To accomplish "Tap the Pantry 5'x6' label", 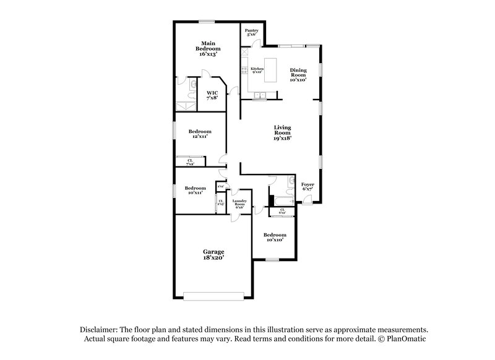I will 251,33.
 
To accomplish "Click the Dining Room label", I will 298,74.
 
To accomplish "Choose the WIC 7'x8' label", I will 212,95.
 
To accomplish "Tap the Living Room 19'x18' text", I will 282,133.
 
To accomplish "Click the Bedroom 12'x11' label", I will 200,134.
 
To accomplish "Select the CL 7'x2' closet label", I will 190,162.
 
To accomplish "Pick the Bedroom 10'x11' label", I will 195,191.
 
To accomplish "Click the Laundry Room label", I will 239,204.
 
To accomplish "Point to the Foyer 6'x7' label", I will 308,187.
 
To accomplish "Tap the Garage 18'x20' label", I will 213,254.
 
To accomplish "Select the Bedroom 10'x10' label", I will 274,237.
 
